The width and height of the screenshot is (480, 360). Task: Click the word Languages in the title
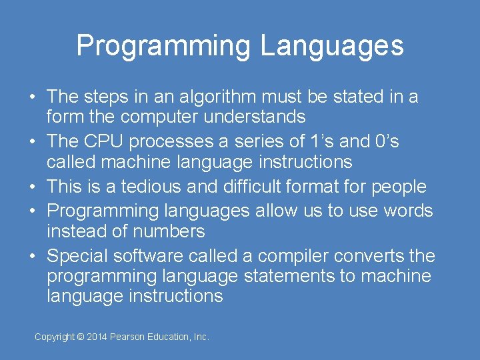coord(332,46)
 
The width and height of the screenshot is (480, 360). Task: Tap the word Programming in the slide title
coord(164,47)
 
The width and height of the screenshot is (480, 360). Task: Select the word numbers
coord(169,231)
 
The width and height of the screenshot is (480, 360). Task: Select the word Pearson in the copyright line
coord(131,337)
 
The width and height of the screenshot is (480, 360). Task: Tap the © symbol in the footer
coord(80,337)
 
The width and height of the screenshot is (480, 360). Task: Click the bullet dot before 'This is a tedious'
coord(32,187)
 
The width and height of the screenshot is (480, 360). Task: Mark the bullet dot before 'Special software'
coord(32,256)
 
